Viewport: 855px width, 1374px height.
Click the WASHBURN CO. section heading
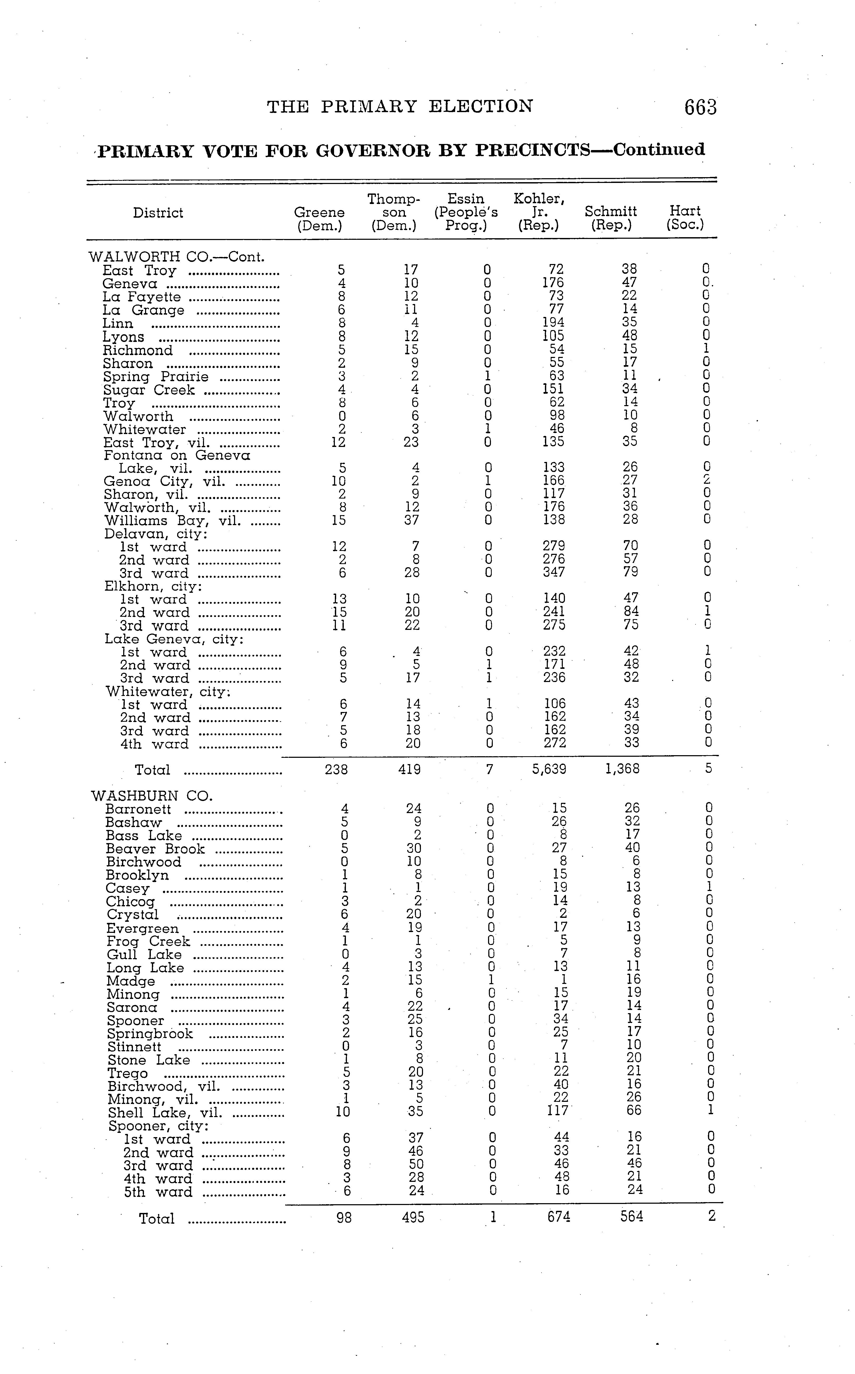[x=152, y=796]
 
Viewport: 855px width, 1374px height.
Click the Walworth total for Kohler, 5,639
[x=549, y=769]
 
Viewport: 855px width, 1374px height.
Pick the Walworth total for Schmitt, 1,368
[x=622, y=769]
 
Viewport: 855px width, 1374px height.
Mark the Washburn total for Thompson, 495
[x=413, y=1217]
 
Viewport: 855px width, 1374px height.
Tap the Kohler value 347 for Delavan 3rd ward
[x=554, y=572]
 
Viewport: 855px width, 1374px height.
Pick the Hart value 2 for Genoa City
[x=706, y=481]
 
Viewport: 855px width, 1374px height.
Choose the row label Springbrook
[x=150, y=1034]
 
